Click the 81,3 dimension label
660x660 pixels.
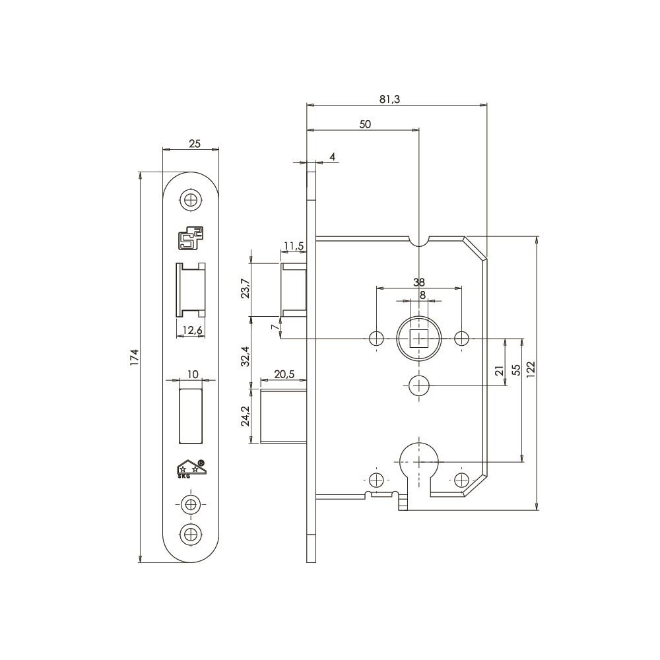coord(389,100)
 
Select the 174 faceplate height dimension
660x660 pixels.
coord(134,358)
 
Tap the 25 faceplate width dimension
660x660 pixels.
coord(195,143)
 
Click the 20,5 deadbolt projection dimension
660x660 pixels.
coord(284,374)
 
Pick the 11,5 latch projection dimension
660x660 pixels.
coord(294,246)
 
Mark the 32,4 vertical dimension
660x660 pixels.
coord(246,356)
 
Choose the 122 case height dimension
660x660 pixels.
coord(531,369)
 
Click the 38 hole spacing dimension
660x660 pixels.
coord(419,282)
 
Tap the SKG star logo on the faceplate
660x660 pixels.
coord(191,468)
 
